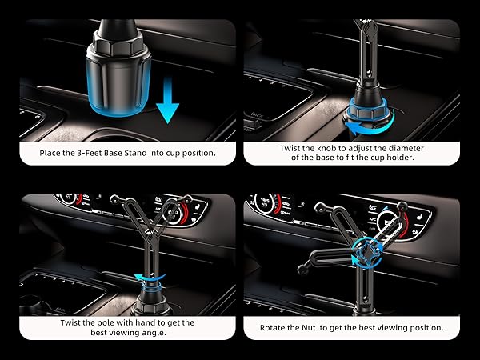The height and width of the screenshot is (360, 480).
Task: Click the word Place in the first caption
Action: click(x=54, y=152)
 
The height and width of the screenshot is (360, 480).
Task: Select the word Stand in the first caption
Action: click(x=147, y=152)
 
